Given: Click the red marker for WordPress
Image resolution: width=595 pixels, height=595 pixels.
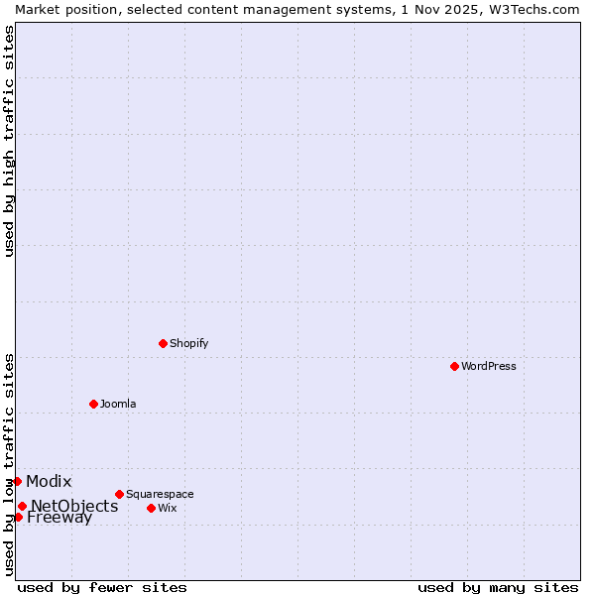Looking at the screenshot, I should (x=454, y=366).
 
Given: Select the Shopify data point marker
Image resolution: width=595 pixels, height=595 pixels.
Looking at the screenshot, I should (x=163, y=343).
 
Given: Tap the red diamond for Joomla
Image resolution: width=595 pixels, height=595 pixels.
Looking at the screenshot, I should (x=93, y=404).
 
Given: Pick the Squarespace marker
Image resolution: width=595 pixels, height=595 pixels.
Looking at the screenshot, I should (x=119, y=494).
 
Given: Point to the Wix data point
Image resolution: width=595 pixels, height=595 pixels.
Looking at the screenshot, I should (x=151, y=508).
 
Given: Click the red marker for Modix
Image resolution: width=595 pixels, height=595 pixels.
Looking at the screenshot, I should (x=17, y=481).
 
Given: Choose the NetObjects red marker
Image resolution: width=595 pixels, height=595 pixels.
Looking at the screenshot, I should (x=22, y=506).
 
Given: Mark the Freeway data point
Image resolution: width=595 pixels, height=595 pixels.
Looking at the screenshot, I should (x=18, y=517).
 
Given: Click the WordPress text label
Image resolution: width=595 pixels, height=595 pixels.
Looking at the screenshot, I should (x=489, y=366).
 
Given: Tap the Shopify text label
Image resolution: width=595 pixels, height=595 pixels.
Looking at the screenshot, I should (x=188, y=343).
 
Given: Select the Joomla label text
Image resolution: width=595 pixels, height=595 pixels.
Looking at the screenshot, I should (x=118, y=404).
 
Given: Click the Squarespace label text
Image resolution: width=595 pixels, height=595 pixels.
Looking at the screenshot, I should (x=160, y=494).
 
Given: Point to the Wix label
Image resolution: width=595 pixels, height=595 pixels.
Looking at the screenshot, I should (x=168, y=508).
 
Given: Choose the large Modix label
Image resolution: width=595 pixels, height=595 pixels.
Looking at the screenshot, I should (x=49, y=482).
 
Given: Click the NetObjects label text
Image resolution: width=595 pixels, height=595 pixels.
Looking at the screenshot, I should (x=74, y=507).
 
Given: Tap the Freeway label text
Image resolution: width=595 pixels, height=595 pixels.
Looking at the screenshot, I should (x=59, y=518).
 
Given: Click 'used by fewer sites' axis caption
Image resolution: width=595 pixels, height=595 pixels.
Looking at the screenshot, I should (x=102, y=587).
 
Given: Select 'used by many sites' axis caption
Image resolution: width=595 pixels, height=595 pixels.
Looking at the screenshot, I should (x=498, y=587).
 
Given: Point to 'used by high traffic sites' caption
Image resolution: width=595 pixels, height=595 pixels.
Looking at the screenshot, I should (x=9, y=142).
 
